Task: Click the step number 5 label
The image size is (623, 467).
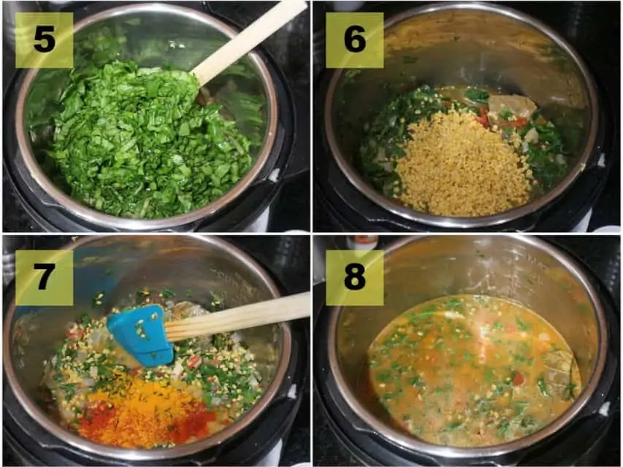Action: click(x=44, y=40)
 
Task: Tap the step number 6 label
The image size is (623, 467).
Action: click(x=355, y=40)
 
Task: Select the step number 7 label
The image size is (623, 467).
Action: click(x=44, y=277)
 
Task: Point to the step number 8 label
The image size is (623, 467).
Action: click(x=355, y=277)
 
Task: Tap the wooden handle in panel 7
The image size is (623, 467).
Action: click(x=238, y=317)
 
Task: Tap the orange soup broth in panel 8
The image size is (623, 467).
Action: click(x=475, y=369)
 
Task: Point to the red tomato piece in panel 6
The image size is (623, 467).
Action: click(x=484, y=116)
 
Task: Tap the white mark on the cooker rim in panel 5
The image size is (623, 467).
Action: click(x=275, y=175)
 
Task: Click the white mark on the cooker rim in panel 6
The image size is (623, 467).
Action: click(x=600, y=161)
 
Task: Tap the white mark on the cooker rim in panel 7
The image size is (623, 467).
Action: click(x=292, y=392)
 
